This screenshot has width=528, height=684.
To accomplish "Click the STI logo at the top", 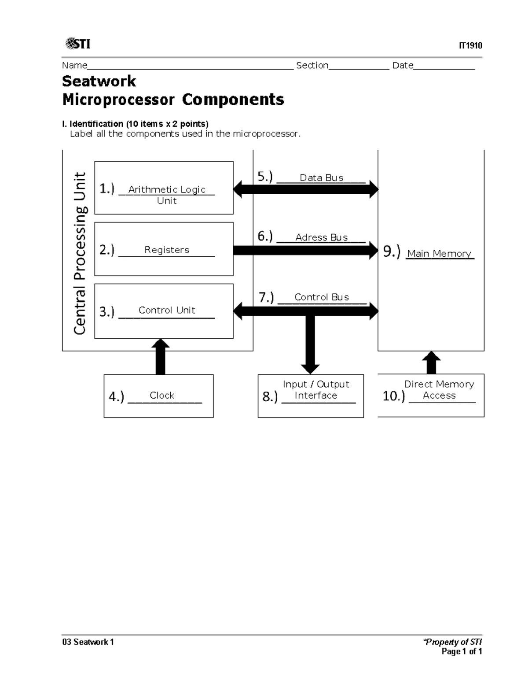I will pyautogui.click(x=78, y=44).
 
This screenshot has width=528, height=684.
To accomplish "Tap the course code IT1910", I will pyautogui.click(x=470, y=46).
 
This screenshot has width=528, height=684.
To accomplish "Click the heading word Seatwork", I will pyautogui.click(x=99, y=81).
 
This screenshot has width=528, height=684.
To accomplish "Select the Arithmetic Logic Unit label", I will pyautogui.click(x=167, y=195).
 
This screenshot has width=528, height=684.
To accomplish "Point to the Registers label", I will pyautogui.click(x=167, y=250).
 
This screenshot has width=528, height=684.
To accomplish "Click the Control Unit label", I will pyautogui.click(x=167, y=310).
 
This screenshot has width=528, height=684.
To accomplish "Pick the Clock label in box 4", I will pyautogui.click(x=162, y=395).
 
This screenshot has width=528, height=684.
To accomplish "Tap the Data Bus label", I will pyautogui.click(x=321, y=177).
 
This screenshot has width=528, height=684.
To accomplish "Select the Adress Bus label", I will pyautogui.click(x=321, y=237).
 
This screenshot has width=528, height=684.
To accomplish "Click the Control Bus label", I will pyautogui.click(x=321, y=297).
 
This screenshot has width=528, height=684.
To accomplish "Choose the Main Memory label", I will pyautogui.click(x=439, y=254).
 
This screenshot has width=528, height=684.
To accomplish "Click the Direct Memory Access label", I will pyautogui.click(x=439, y=390).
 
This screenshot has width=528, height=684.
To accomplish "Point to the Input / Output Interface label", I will pyautogui.click(x=316, y=390).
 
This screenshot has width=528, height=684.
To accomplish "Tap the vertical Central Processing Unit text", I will pyautogui.click(x=80, y=253).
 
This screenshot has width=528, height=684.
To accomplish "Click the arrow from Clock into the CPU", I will pyautogui.click(x=161, y=357).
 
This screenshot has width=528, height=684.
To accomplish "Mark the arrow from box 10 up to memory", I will pyautogui.click(x=431, y=363).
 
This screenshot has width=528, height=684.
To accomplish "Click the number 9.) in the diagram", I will pyautogui.click(x=392, y=251).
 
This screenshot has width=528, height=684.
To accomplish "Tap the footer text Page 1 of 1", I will pyautogui.click(x=462, y=651).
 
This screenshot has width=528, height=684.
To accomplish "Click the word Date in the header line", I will pyautogui.click(x=403, y=66).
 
